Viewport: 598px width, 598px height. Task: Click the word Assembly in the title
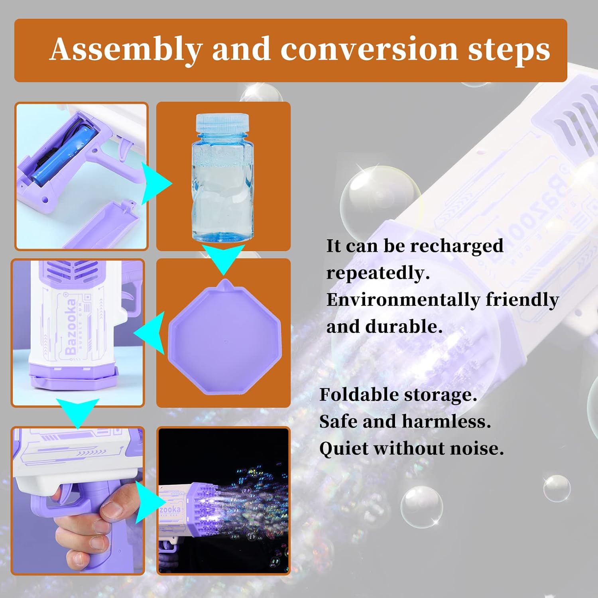click(126, 50)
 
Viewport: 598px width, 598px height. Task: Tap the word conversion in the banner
click(369, 49)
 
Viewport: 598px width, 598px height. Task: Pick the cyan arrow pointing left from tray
click(149, 332)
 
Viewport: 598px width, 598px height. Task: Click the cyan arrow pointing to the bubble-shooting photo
click(148, 502)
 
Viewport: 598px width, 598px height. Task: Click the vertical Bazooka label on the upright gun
click(71, 327)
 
